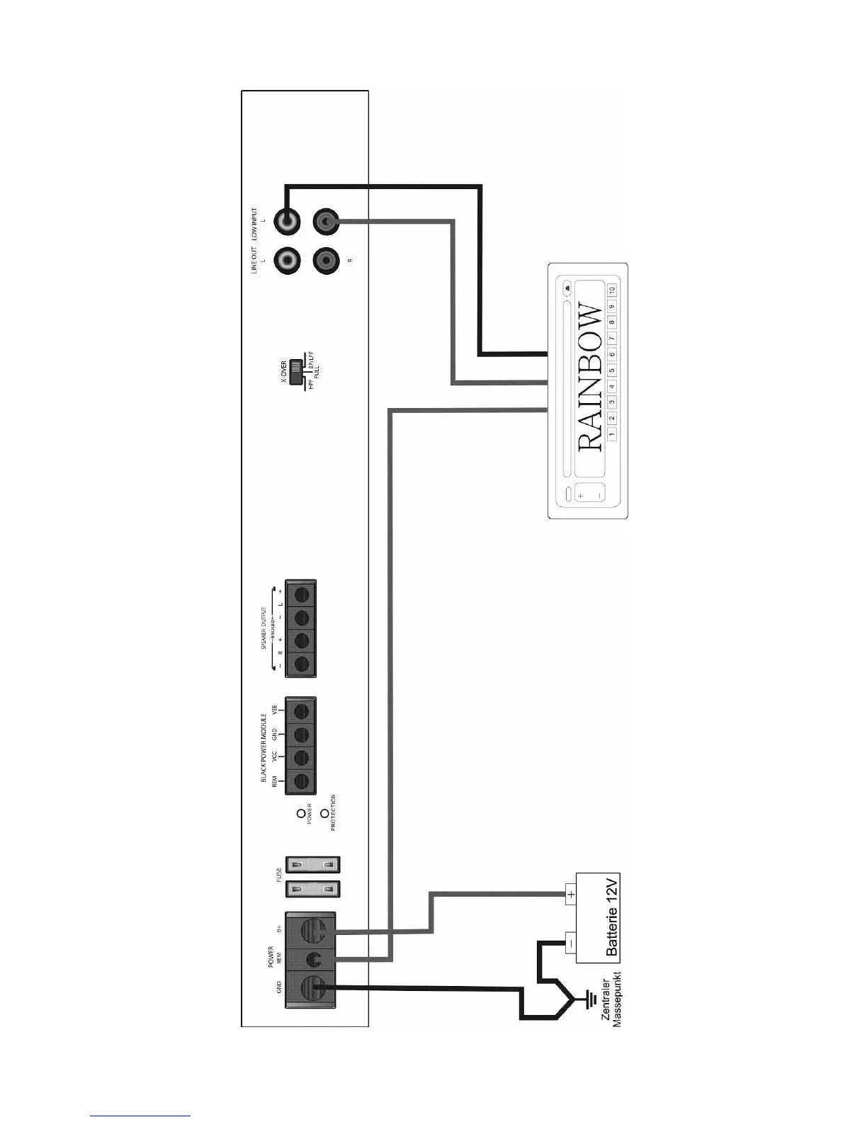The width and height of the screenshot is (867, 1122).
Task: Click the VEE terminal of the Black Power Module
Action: click(300, 710)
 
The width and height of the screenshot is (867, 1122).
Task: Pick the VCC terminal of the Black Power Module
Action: click(300, 757)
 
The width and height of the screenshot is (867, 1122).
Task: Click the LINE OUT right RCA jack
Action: click(326, 261)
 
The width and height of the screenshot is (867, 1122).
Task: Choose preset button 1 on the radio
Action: click(612, 433)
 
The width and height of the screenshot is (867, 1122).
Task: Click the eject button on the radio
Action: click(567, 289)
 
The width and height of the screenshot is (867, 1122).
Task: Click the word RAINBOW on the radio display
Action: click(589, 378)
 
